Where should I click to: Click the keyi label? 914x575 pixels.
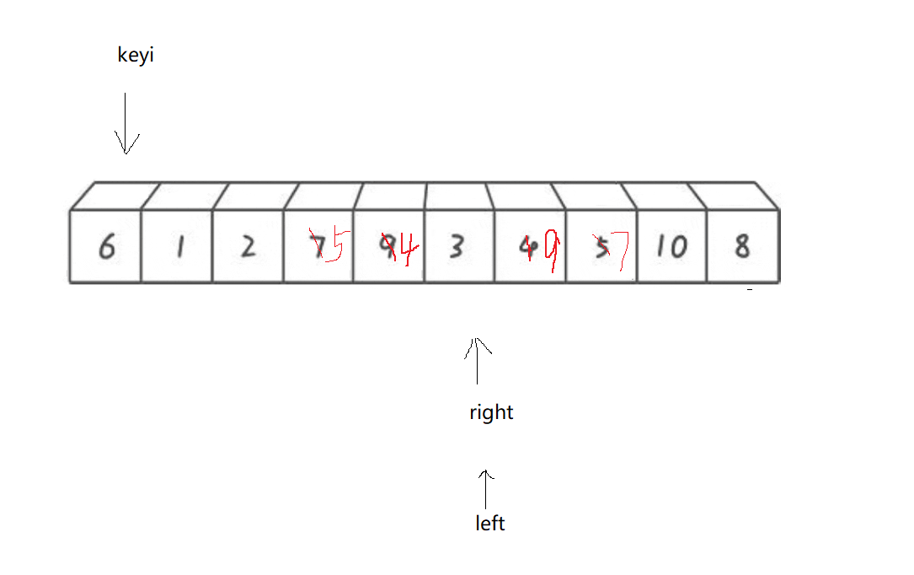136,56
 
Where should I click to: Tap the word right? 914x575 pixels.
491,412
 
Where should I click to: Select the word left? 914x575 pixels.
489,524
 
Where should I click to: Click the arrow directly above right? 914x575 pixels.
478,361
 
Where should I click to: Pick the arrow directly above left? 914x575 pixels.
484,490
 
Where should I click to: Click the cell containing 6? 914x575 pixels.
105,247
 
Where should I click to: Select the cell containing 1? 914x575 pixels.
177,247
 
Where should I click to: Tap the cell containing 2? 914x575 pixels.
248,247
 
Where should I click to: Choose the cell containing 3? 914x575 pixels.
456,247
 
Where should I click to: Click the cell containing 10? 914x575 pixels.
671,247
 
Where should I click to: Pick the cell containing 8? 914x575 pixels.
742,247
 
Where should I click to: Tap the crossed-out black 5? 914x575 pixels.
601,246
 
